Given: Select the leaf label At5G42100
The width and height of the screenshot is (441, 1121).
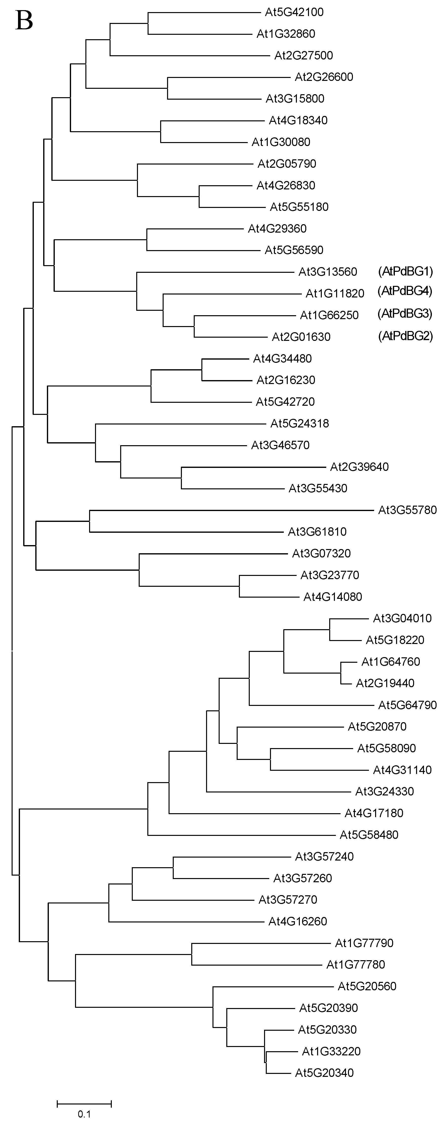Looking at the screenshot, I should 294,12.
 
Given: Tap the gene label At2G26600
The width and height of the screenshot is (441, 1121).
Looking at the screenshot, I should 324,77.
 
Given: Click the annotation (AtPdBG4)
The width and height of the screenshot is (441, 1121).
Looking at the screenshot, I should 405,291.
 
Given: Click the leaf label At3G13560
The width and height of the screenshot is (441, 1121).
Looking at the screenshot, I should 327,272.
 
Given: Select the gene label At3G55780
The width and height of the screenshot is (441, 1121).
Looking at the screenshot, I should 407,510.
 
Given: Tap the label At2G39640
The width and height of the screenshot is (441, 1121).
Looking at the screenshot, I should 359,467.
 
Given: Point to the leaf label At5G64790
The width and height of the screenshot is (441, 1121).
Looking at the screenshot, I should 407,705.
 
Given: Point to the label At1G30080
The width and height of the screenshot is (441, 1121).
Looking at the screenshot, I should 281,142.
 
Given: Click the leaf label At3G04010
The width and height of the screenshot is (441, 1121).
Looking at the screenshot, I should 402,618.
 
